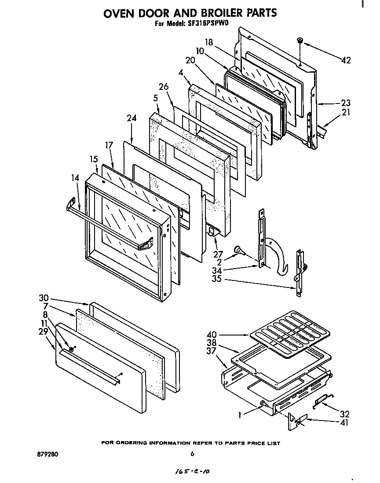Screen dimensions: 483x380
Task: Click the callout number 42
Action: click(346, 60)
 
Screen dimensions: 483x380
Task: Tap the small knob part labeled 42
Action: click(300, 41)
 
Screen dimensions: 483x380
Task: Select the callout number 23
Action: click(346, 103)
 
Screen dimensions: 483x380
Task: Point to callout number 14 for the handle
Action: click(75, 178)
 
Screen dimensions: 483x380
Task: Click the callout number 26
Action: click(164, 87)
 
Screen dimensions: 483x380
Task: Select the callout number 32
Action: click(345, 414)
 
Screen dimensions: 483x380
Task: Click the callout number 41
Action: click(345, 423)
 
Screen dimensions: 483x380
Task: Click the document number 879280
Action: click(48, 454)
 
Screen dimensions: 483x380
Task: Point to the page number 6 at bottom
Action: click(192, 454)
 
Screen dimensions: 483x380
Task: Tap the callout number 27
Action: click(219, 254)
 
